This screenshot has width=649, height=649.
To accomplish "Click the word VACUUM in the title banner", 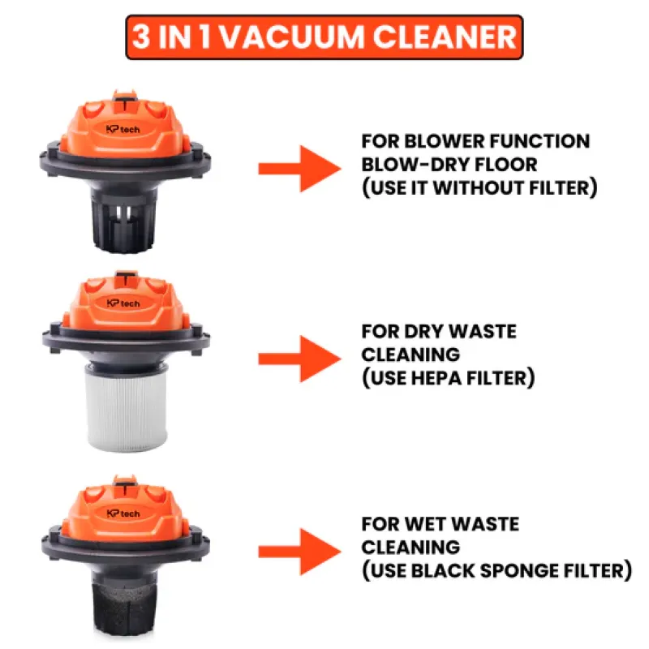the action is coord(291,37).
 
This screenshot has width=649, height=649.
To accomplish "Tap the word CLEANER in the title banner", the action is coord(445,37).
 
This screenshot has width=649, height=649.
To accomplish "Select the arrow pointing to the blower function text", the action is coord(299,169).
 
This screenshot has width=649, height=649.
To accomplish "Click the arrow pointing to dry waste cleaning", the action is coord(299,359).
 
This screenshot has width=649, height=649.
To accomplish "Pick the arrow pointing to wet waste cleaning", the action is coord(299,552).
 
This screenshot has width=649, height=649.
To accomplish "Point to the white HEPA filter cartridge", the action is coord(127,407).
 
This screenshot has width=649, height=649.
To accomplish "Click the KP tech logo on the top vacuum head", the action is coord(123,130).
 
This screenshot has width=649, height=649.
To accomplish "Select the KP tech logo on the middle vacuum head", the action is coord(123,303).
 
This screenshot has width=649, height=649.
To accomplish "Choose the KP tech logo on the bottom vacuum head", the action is coord(123,514).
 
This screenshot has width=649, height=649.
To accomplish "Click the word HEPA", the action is coord(436,378).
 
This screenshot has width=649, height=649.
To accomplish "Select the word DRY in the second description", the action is coord(423,332).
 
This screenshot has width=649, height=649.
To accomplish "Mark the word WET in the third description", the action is coord(423,524).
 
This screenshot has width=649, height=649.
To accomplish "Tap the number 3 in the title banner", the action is coord(141,37).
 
